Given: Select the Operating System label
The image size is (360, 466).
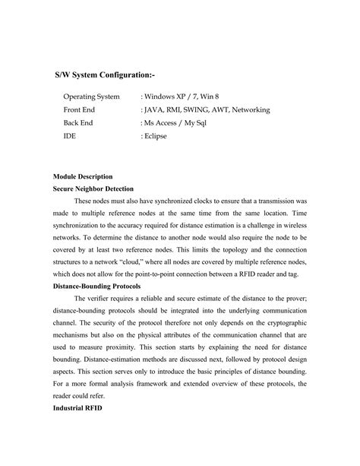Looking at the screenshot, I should [91, 97].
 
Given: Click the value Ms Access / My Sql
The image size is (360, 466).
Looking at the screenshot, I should [178, 123].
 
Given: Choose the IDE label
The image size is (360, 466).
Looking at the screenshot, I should [70, 136].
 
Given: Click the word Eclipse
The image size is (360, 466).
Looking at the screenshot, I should [159, 136].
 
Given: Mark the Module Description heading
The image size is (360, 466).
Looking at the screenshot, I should [83, 176].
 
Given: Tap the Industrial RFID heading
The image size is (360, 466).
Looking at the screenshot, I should [78, 407].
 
